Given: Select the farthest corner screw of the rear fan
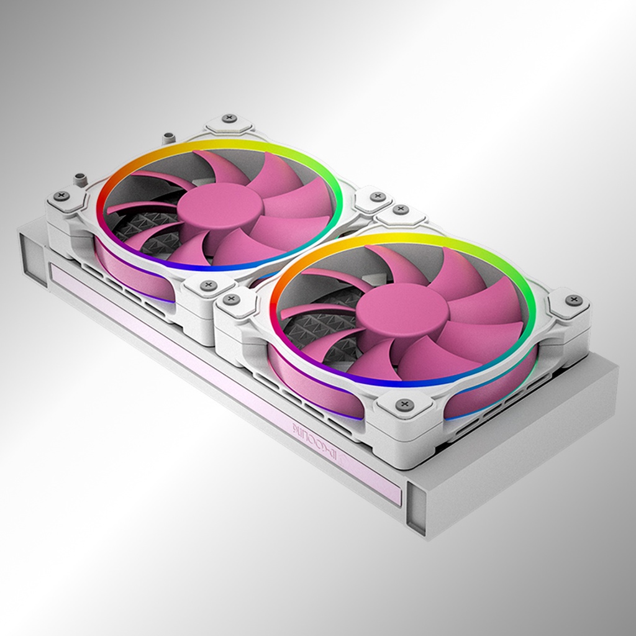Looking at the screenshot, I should point(229,118).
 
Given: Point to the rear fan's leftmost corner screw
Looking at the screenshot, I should point(61,196).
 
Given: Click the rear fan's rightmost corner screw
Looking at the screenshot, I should point(378,197).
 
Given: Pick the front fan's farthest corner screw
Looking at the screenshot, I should point(401,210).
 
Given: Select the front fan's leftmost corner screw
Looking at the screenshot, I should point(231,299).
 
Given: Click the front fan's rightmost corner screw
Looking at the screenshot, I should point(573,301).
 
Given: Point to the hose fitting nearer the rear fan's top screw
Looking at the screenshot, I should point(166,138).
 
